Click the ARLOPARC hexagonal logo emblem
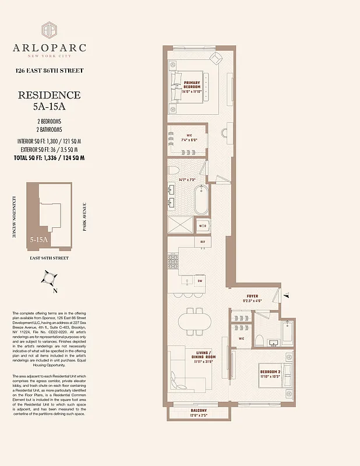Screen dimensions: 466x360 pos(49,30)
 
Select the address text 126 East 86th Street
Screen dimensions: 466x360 pos(49,70)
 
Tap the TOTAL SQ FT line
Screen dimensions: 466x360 pos(49,158)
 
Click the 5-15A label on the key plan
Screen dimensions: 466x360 pos(40,239)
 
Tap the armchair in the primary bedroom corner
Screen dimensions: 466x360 pos(216,58)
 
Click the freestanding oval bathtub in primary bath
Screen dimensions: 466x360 pos(201,200)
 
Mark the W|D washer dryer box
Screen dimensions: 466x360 pos(202,225)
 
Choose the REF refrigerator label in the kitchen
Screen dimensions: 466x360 pos(202,242)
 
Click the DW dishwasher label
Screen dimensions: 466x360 pos(200,281)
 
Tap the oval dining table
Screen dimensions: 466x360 pos(192,322)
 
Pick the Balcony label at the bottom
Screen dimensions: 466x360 pos(198,411)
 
